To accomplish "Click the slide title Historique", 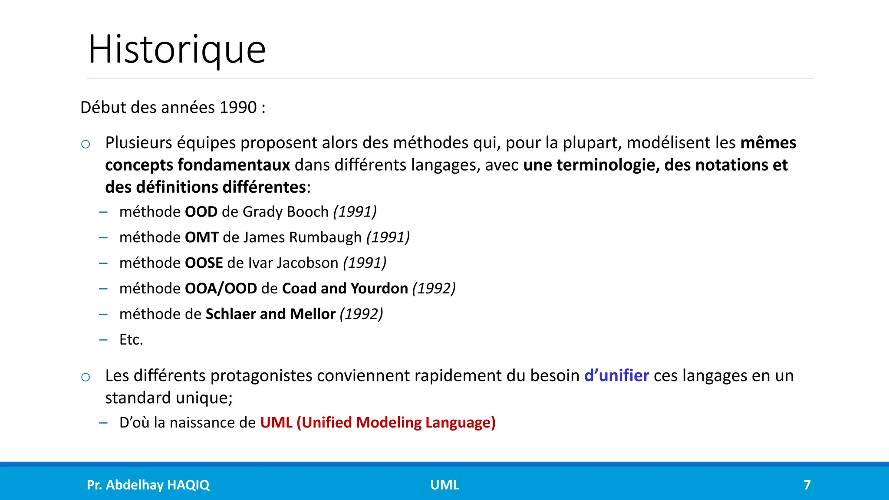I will [177, 49].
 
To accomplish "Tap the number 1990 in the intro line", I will [238, 107].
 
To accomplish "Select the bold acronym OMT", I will [201, 237].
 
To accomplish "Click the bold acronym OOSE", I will [204, 263].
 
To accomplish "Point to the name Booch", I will [308, 212].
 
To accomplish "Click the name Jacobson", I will [307, 263].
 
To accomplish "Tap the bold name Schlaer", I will [230, 314].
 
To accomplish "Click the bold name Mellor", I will [313, 314].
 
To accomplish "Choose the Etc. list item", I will [131, 340].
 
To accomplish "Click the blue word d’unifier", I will [616, 376].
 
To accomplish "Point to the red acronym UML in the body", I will [276, 423].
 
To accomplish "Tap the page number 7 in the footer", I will [807, 485].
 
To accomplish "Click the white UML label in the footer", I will [444, 485].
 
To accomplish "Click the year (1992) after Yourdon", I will [434, 289].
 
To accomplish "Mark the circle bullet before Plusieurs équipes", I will [86, 144].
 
